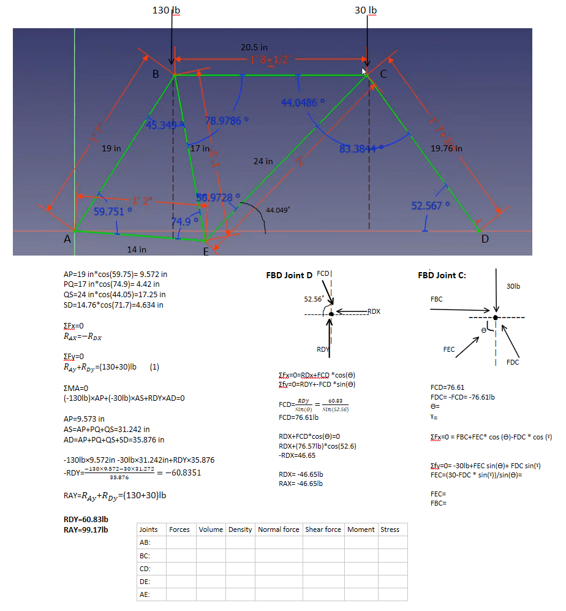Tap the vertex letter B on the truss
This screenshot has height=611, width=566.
[x=156, y=75]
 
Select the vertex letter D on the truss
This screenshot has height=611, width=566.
[x=484, y=239]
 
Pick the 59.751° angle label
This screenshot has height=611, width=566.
[x=113, y=211]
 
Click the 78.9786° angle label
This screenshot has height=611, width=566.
[x=225, y=120]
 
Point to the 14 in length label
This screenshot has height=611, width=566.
[x=136, y=249]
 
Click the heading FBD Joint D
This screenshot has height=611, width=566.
[x=290, y=275]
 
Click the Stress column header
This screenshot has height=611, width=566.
[x=390, y=529]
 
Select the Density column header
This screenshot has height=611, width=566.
[x=240, y=529]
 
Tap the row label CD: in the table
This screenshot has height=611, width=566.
[x=145, y=568]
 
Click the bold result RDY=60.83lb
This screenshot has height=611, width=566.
[x=85, y=520]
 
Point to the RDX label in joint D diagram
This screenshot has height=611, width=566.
[x=374, y=312]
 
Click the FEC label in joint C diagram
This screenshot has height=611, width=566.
[x=449, y=349]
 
